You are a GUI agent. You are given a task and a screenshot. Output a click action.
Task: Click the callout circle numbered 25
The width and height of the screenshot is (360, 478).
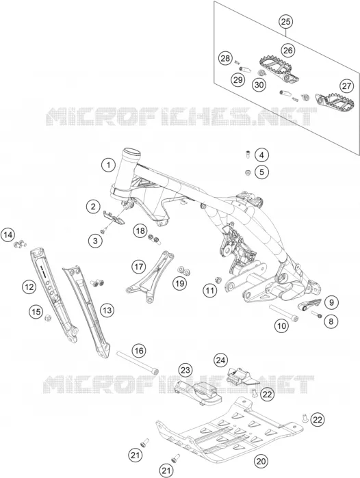[286, 22]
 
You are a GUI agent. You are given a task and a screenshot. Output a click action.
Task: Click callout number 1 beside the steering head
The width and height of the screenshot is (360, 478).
[108, 165]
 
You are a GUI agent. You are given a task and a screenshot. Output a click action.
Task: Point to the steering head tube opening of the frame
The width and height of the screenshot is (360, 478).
[131, 151]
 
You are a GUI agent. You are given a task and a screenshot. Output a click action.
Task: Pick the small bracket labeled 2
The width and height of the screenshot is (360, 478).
[113, 217]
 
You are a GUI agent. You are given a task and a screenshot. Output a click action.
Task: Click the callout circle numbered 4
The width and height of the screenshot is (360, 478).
[261, 155]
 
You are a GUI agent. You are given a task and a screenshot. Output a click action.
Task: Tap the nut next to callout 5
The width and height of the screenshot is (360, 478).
[248, 173]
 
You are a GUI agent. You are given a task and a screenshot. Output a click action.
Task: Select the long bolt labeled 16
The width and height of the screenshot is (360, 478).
[138, 362]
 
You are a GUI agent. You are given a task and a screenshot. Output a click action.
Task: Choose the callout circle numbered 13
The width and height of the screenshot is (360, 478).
[107, 310]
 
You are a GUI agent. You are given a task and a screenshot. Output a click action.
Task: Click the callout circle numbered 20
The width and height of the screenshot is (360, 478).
[261, 461]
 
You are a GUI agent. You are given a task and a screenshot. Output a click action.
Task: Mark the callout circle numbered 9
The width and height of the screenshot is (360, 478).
[331, 302]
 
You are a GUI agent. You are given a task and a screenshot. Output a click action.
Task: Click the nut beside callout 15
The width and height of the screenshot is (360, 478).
[48, 318]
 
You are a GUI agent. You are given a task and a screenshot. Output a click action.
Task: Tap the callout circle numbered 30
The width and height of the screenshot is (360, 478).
[259, 84]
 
